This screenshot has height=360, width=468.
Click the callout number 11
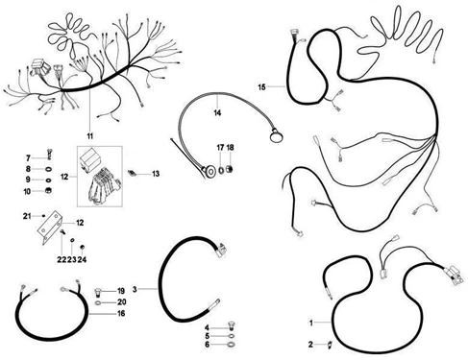coord(90,136)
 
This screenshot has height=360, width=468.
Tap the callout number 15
coord(261,87)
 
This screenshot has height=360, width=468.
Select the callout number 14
coord(217,113)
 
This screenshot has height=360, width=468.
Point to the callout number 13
coord(156,174)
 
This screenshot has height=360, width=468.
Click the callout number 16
coord(121,314)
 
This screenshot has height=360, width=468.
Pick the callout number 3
coord(135,289)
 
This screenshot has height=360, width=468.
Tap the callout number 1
coord(310,323)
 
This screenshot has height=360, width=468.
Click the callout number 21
coord(27,216)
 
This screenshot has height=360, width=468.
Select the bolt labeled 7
coord(49,155)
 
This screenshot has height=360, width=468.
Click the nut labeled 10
coord(48,191)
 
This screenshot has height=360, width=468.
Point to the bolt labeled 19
coord(99,292)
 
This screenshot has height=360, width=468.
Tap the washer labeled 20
coord(99,302)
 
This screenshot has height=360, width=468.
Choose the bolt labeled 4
coord(231,325)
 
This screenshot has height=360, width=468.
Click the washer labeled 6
coord(231,345)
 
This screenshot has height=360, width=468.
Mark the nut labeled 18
coord(230,169)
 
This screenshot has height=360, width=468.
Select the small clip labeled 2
coord(330,345)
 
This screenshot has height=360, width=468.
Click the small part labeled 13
coord(133,173)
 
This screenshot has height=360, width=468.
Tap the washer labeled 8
coord(48,169)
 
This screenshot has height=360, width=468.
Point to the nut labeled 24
coord(82,247)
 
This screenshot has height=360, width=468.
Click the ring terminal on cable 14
coord(276,136)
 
